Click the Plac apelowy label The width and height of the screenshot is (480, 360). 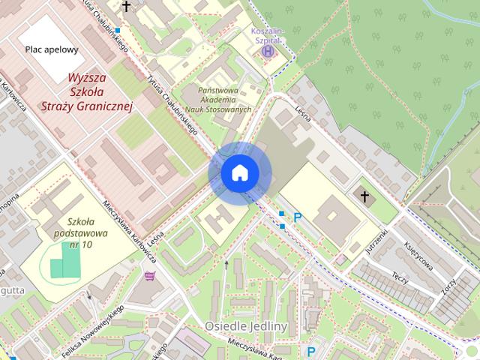[x=51, y=49]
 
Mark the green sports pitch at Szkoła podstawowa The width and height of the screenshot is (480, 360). [x=64, y=260]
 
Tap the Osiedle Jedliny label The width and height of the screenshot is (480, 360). [x=246, y=326]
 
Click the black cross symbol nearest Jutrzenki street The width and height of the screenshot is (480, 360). [x=365, y=198]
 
